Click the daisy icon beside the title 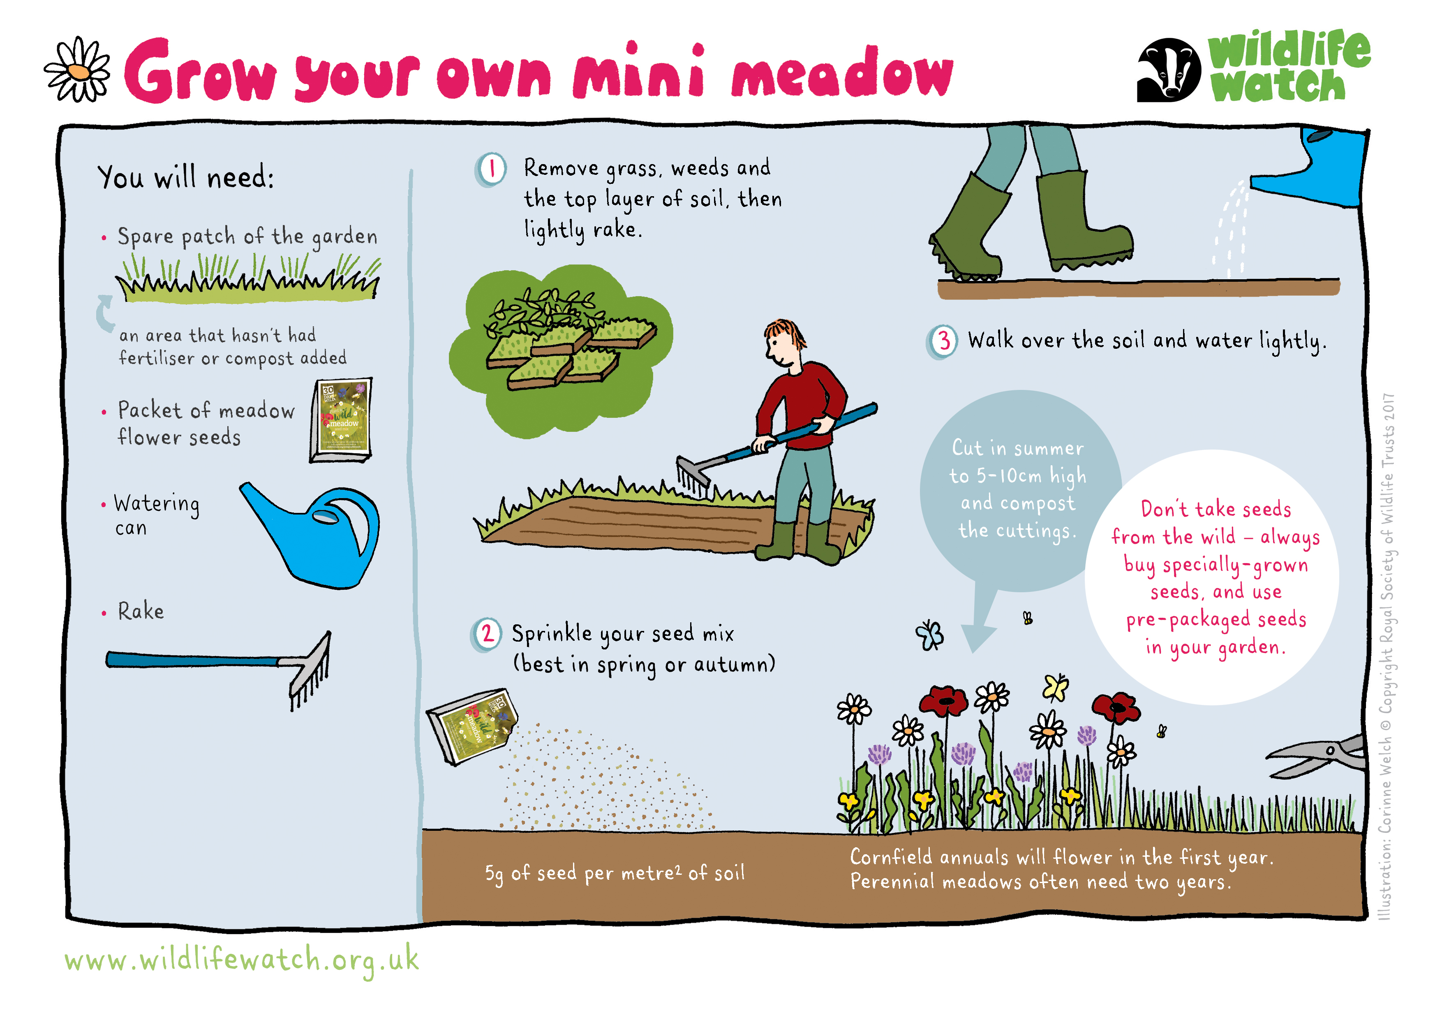click(x=77, y=70)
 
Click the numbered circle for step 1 click(x=491, y=170)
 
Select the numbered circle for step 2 click(x=487, y=635)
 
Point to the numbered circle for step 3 click(x=942, y=342)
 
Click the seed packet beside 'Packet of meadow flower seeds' click(x=341, y=420)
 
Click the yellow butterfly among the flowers click(x=1056, y=688)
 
